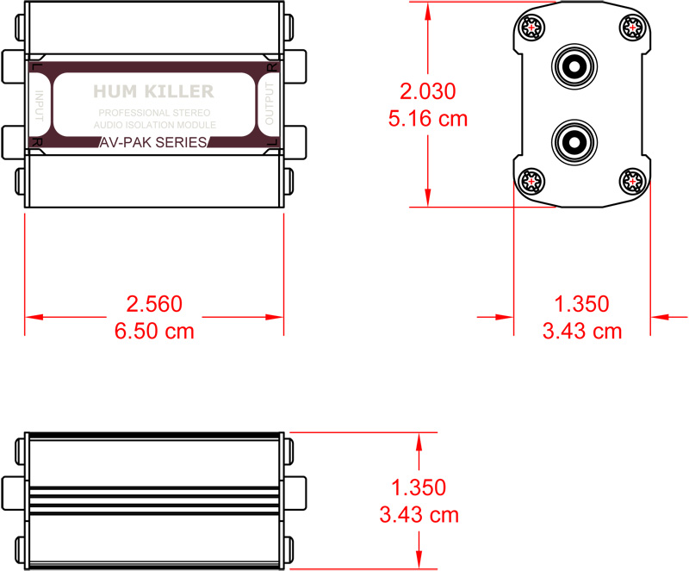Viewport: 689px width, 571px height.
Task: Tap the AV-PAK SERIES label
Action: [153, 143]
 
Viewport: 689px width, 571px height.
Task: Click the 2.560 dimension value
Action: [154, 304]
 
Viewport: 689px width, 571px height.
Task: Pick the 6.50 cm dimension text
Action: [154, 331]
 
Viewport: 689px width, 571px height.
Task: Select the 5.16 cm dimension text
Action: [428, 119]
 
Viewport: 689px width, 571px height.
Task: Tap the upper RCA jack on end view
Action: [572, 65]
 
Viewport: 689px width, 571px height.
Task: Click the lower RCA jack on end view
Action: [572, 140]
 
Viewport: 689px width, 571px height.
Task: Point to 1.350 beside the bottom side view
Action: [419, 487]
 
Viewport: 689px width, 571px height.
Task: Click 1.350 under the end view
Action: [581, 304]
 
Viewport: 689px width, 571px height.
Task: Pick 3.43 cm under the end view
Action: [581, 331]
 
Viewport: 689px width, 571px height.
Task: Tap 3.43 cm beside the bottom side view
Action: [419, 515]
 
